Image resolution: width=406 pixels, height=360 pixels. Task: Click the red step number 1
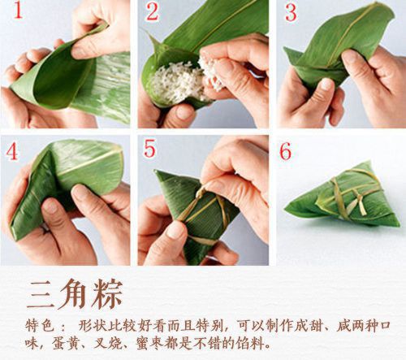tap(14, 15)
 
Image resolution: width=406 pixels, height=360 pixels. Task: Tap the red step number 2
tap(152, 13)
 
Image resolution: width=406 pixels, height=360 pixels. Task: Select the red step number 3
tap(291, 13)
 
